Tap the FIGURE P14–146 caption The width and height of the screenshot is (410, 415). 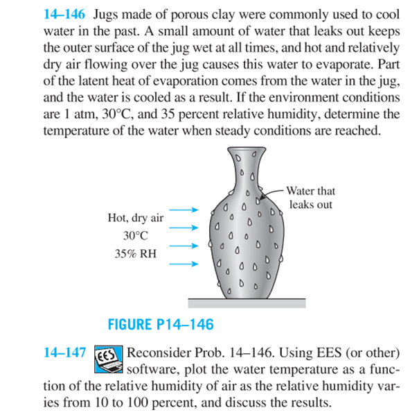coord(160,324)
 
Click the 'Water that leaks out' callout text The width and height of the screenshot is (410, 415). coord(311,198)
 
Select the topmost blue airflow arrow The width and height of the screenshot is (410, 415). coord(186,208)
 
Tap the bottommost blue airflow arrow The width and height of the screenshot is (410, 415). coord(186,263)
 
